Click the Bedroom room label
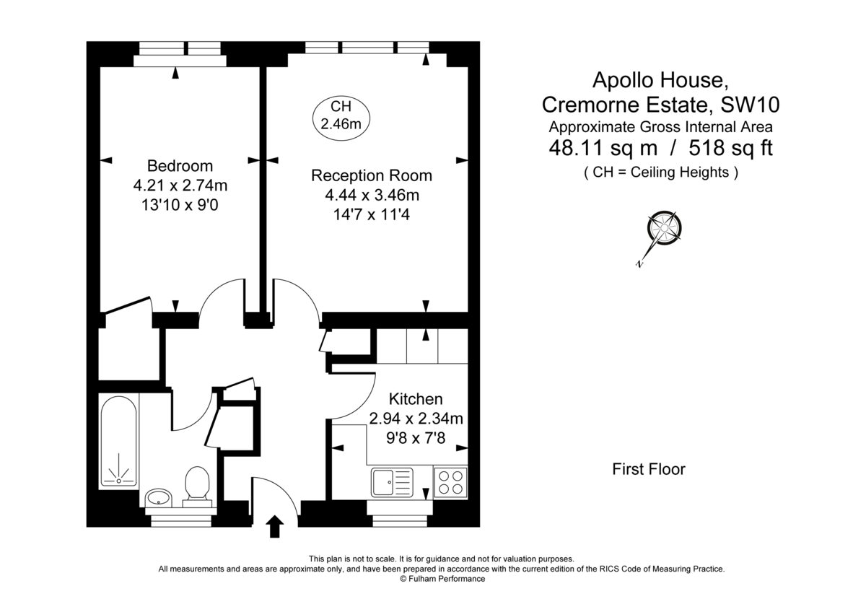[x=180, y=165]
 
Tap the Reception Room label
[x=372, y=175]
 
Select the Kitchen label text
[x=416, y=399]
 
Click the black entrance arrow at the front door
[x=274, y=526]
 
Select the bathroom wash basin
[x=159, y=497]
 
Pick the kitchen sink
[x=392, y=481]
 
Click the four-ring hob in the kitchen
[x=450, y=481]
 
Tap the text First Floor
[x=649, y=470]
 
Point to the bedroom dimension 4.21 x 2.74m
[x=180, y=185]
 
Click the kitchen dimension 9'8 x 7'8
[x=416, y=436]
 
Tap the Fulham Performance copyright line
[x=442, y=579]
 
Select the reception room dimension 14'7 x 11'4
[x=372, y=214]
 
